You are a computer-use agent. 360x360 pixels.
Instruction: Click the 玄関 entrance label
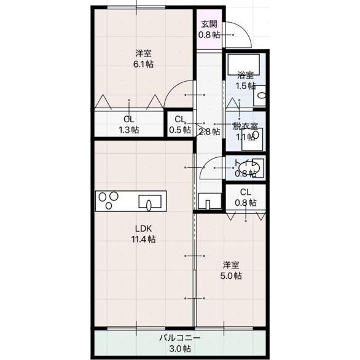pos(208,25)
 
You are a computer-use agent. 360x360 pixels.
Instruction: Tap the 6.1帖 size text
pos(144,63)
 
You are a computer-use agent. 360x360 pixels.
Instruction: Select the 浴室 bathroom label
pos(246,75)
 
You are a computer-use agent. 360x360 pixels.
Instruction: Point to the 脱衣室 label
pos(245,126)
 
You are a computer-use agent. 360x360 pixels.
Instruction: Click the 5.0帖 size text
pos(232,276)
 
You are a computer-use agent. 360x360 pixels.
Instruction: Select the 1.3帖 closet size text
pos(129,130)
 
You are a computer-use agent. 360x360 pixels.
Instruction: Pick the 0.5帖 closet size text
pos(179,130)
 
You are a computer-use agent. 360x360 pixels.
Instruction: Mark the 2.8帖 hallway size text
pos(209,131)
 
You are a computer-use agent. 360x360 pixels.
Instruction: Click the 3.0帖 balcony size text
pos(180,348)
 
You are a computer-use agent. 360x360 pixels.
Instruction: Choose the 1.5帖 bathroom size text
pos(246,85)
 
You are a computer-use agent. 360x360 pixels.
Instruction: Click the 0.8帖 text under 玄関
pos(208,35)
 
